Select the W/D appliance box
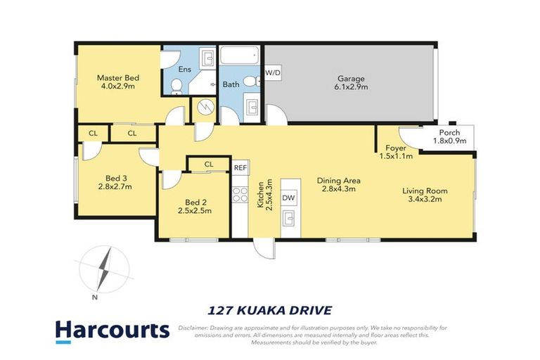click(x=273, y=72)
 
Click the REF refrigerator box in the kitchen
click(x=240, y=167)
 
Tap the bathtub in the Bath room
click(x=240, y=56)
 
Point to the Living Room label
click(x=425, y=195)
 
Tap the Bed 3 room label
click(x=115, y=181)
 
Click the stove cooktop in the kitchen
click(x=240, y=193)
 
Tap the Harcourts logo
click(x=112, y=330)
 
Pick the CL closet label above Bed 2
click(x=208, y=165)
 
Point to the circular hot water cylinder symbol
click(x=204, y=108)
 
